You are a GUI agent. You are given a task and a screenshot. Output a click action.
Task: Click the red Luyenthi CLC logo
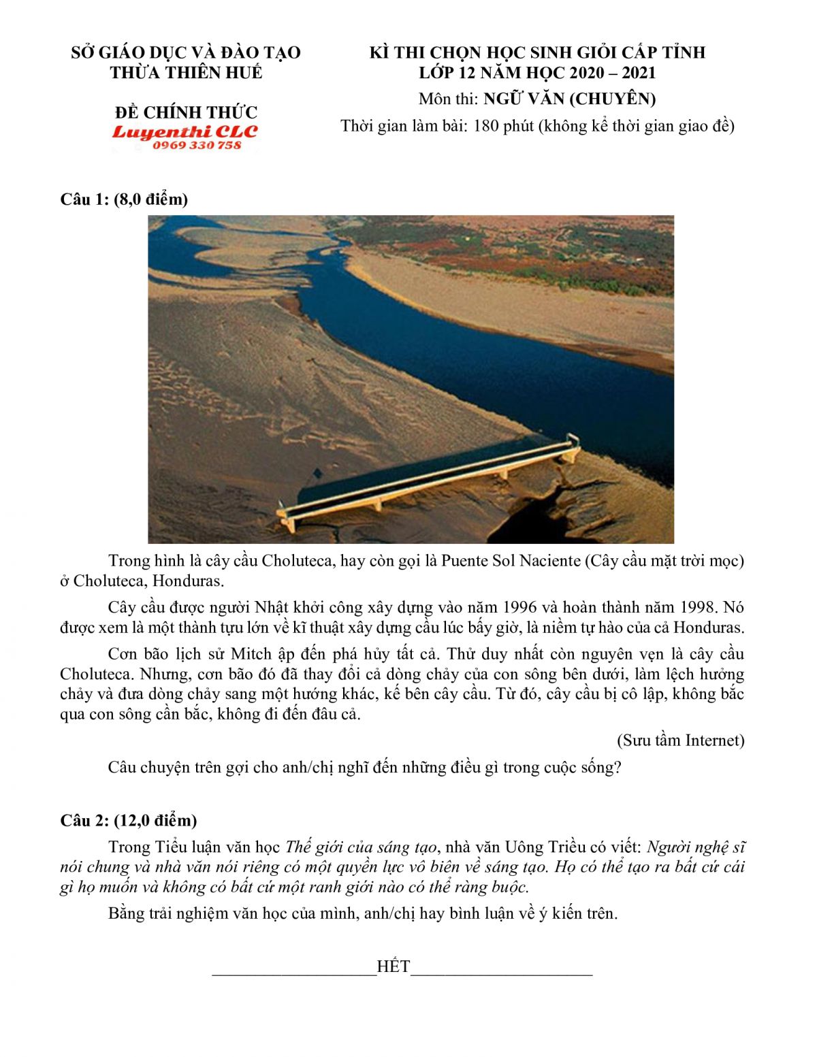tap(185, 131)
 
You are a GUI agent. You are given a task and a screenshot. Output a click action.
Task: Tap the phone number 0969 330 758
tap(197, 145)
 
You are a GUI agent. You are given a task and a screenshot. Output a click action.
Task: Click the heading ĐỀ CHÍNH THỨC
tap(186, 112)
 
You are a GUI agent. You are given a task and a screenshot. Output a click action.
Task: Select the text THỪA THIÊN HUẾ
tap(186, 73)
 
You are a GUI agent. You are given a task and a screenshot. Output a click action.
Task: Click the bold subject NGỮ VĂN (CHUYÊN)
tap(570, 99)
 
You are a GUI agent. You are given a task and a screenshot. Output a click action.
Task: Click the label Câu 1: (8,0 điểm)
tap(124, 199)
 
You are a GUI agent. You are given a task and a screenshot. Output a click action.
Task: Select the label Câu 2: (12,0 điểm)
tap(128, 820)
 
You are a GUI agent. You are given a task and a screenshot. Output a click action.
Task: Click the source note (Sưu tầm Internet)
tap(681, 741)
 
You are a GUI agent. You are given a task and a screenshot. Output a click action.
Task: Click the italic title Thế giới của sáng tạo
tap(361, 847)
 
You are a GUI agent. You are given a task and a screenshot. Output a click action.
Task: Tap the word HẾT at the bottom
tap(393, 967)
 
